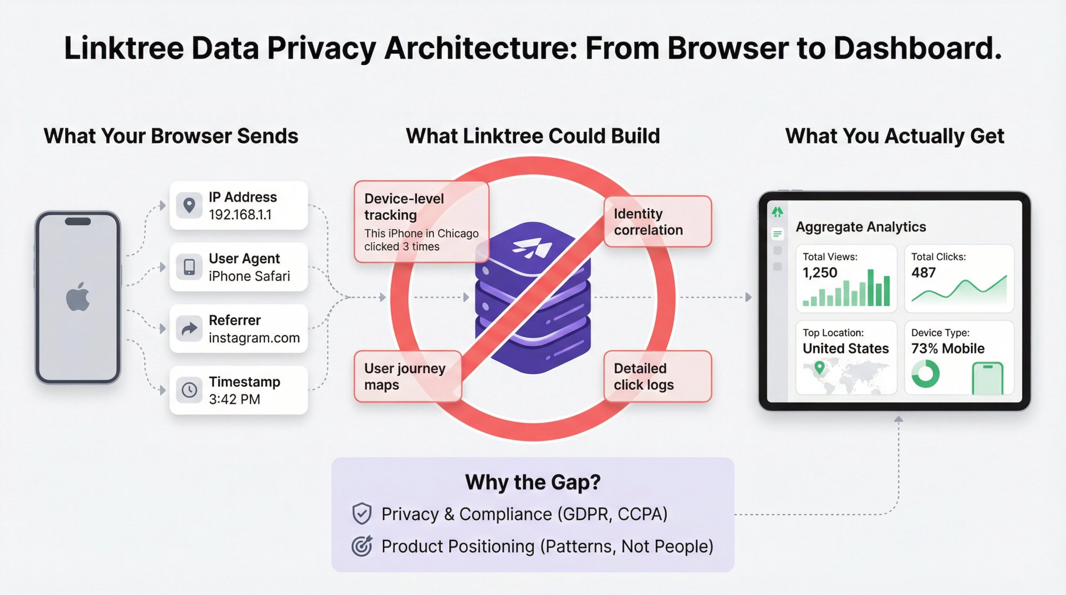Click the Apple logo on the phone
(78, 297)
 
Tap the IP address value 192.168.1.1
(240, 215)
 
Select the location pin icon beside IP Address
(189, 205)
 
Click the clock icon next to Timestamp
(189, 390)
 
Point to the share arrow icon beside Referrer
(189, 328)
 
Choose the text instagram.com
(254, 338)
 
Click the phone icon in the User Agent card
(189, 267)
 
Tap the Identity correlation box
(658, 221)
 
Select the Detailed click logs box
(658, 376)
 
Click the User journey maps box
(408, 376)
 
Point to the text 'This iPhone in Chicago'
(422, 234)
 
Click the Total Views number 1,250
(820, 273)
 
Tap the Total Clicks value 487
(924, 273)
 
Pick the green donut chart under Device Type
(925, 374)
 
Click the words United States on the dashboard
(846, 349)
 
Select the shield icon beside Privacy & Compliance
(362, 514)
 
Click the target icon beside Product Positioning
(362, 546)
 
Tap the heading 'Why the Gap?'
(533, 482)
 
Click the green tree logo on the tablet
(778, 212)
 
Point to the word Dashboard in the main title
(918, 48)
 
